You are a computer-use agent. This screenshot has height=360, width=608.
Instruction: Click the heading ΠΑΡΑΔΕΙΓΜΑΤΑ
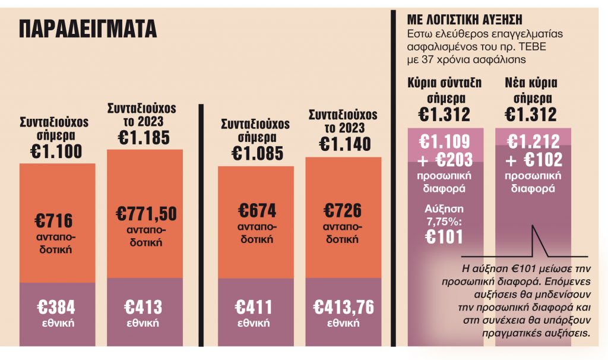point(88,28)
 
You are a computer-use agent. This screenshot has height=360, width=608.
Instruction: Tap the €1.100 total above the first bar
point(56,150)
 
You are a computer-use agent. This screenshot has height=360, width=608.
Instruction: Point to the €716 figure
point(56,220)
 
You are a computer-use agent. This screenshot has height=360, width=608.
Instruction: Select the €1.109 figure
point(445,141)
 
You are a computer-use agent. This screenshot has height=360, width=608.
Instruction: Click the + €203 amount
point(445,160)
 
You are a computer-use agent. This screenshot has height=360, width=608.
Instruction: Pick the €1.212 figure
point(533,141)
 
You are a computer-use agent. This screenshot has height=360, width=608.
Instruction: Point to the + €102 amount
point(533,160)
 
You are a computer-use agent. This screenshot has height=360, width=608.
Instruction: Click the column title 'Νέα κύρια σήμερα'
point(531,90)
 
